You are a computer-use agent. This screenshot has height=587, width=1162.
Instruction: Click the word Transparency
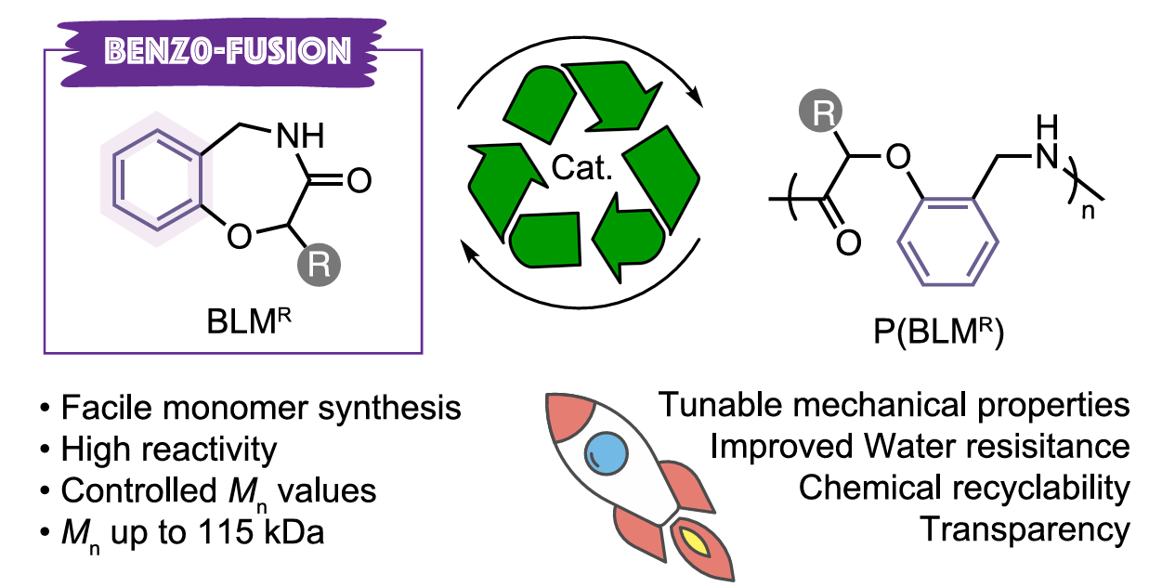click(1025, 529)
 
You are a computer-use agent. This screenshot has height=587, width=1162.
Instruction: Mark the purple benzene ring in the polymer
click(948, 254)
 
